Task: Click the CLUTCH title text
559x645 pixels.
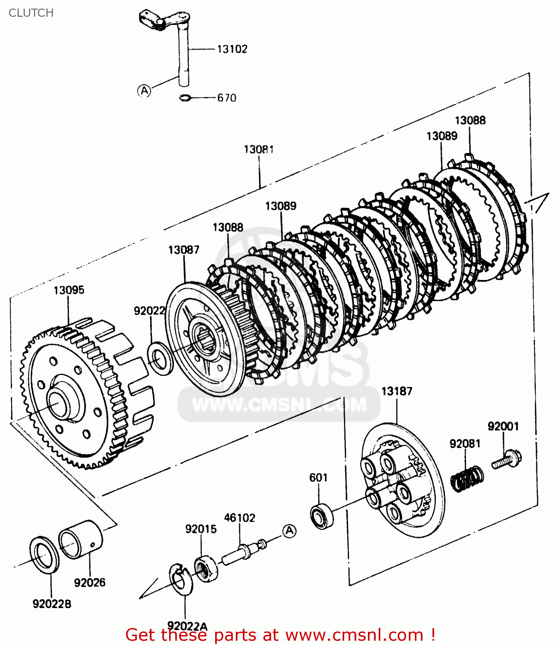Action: click(x=31, y=13)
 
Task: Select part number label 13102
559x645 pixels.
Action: click(x=232, y=49)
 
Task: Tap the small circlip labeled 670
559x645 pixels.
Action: click(x=185, y=98)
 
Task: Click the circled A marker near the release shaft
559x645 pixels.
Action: click(x=144, y=91)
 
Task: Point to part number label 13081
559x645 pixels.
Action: click(x=259, y=150)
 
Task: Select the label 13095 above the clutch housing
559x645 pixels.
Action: click(x=69, y=290)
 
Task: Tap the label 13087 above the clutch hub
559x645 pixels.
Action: click(x=184, y=250)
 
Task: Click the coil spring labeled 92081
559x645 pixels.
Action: click(x=467, y=478)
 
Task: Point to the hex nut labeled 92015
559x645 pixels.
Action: click(x=205, y=569)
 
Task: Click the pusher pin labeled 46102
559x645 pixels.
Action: click(x=241, y=552)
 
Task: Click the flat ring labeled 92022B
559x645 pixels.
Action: click(x=44, y=555)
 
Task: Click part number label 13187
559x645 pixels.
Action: click(x=396, y=391)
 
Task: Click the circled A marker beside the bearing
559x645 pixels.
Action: click(x=290, y=531)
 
